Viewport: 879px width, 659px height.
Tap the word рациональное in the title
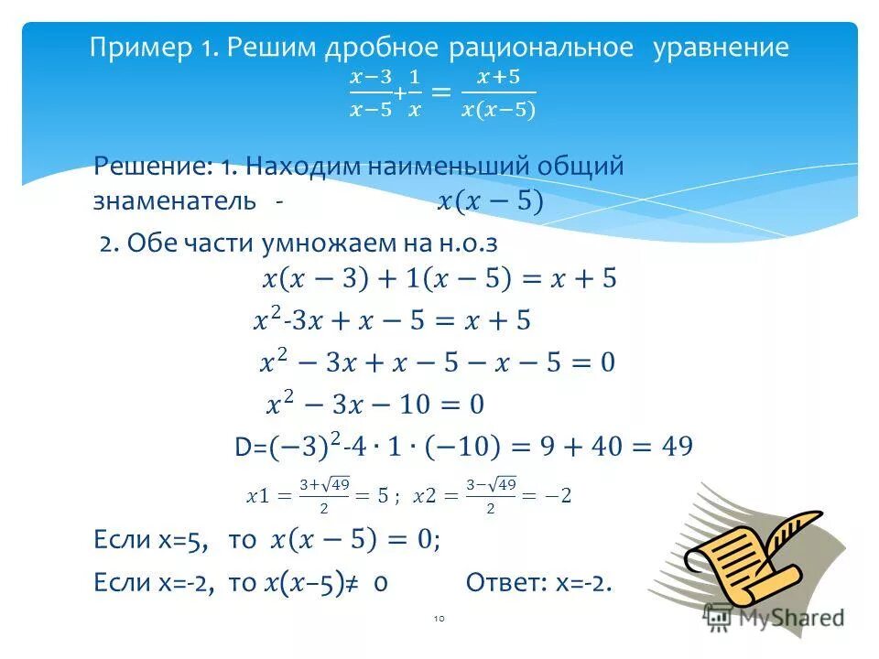(542, 48)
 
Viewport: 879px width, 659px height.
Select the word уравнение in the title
(721, 48)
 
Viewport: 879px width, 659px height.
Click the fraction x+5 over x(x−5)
(498, 92)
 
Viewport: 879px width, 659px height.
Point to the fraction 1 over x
(414, 92)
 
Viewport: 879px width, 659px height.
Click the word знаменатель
(174, 201)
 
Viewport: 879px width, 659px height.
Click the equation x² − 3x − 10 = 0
(374, 405)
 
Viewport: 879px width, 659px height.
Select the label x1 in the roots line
(258, 496)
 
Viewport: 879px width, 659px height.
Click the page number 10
(438, 620)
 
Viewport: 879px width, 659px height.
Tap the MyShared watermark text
(789, 617)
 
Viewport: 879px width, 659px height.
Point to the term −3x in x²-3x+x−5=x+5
(301, 320)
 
